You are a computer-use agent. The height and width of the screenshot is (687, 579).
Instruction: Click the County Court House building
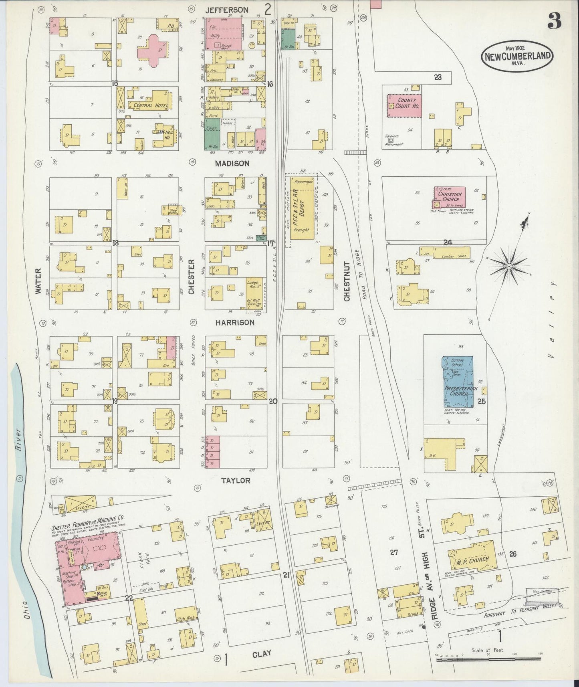pos(404,106)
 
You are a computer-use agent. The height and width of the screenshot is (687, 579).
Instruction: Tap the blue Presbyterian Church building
pos(457,382)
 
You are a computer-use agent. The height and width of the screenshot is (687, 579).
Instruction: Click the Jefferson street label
pos(227,9)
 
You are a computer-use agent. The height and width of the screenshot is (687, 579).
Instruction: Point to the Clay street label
pos(261,653)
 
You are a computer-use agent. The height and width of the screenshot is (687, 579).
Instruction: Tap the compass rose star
pos(508,266)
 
